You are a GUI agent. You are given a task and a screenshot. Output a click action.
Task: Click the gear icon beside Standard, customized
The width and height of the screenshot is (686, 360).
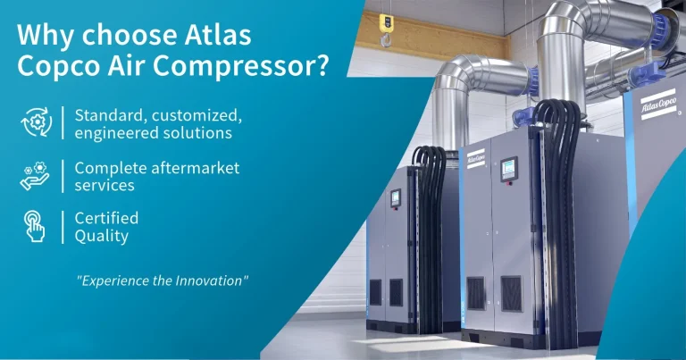tap(36, 123)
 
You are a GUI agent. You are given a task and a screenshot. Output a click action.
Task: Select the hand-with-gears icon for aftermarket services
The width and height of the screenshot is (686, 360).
tap(36, 175)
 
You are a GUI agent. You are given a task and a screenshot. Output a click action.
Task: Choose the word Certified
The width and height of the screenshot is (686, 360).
tap(106, 218)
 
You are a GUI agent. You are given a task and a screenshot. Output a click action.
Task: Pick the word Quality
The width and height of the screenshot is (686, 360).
tap(102, 236)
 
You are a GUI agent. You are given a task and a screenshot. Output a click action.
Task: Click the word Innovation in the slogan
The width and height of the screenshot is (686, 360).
tap(210, 280)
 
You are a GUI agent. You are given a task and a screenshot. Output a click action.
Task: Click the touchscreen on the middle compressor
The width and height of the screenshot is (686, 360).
tap(508, 167)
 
